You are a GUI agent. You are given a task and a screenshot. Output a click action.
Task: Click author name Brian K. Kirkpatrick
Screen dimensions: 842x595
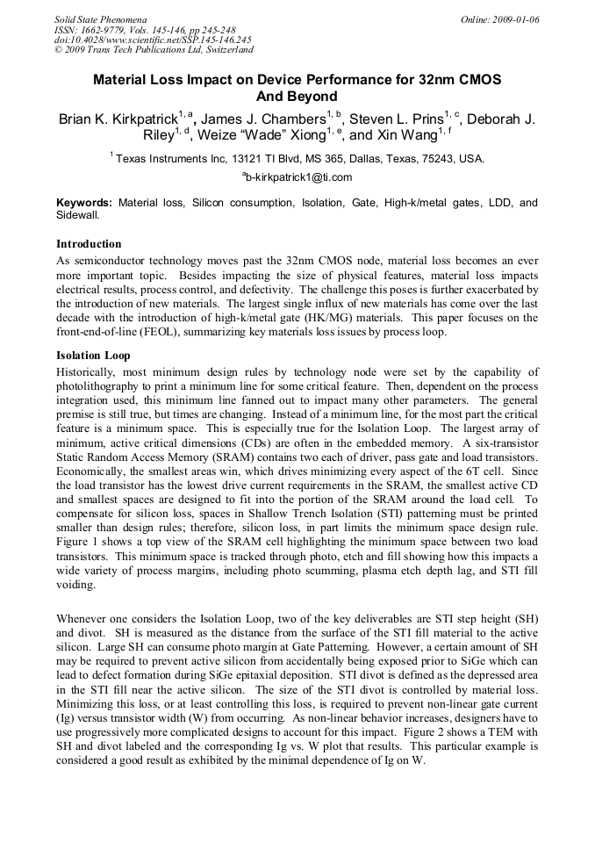click(x=118, y=119)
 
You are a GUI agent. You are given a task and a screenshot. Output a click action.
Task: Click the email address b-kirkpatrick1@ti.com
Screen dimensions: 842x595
click(x=299, y=177)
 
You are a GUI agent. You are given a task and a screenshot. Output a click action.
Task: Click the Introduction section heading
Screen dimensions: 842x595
click(x=89, y=243)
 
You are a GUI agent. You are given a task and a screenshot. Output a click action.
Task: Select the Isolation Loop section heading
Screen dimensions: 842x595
click(x=93, y=356)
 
